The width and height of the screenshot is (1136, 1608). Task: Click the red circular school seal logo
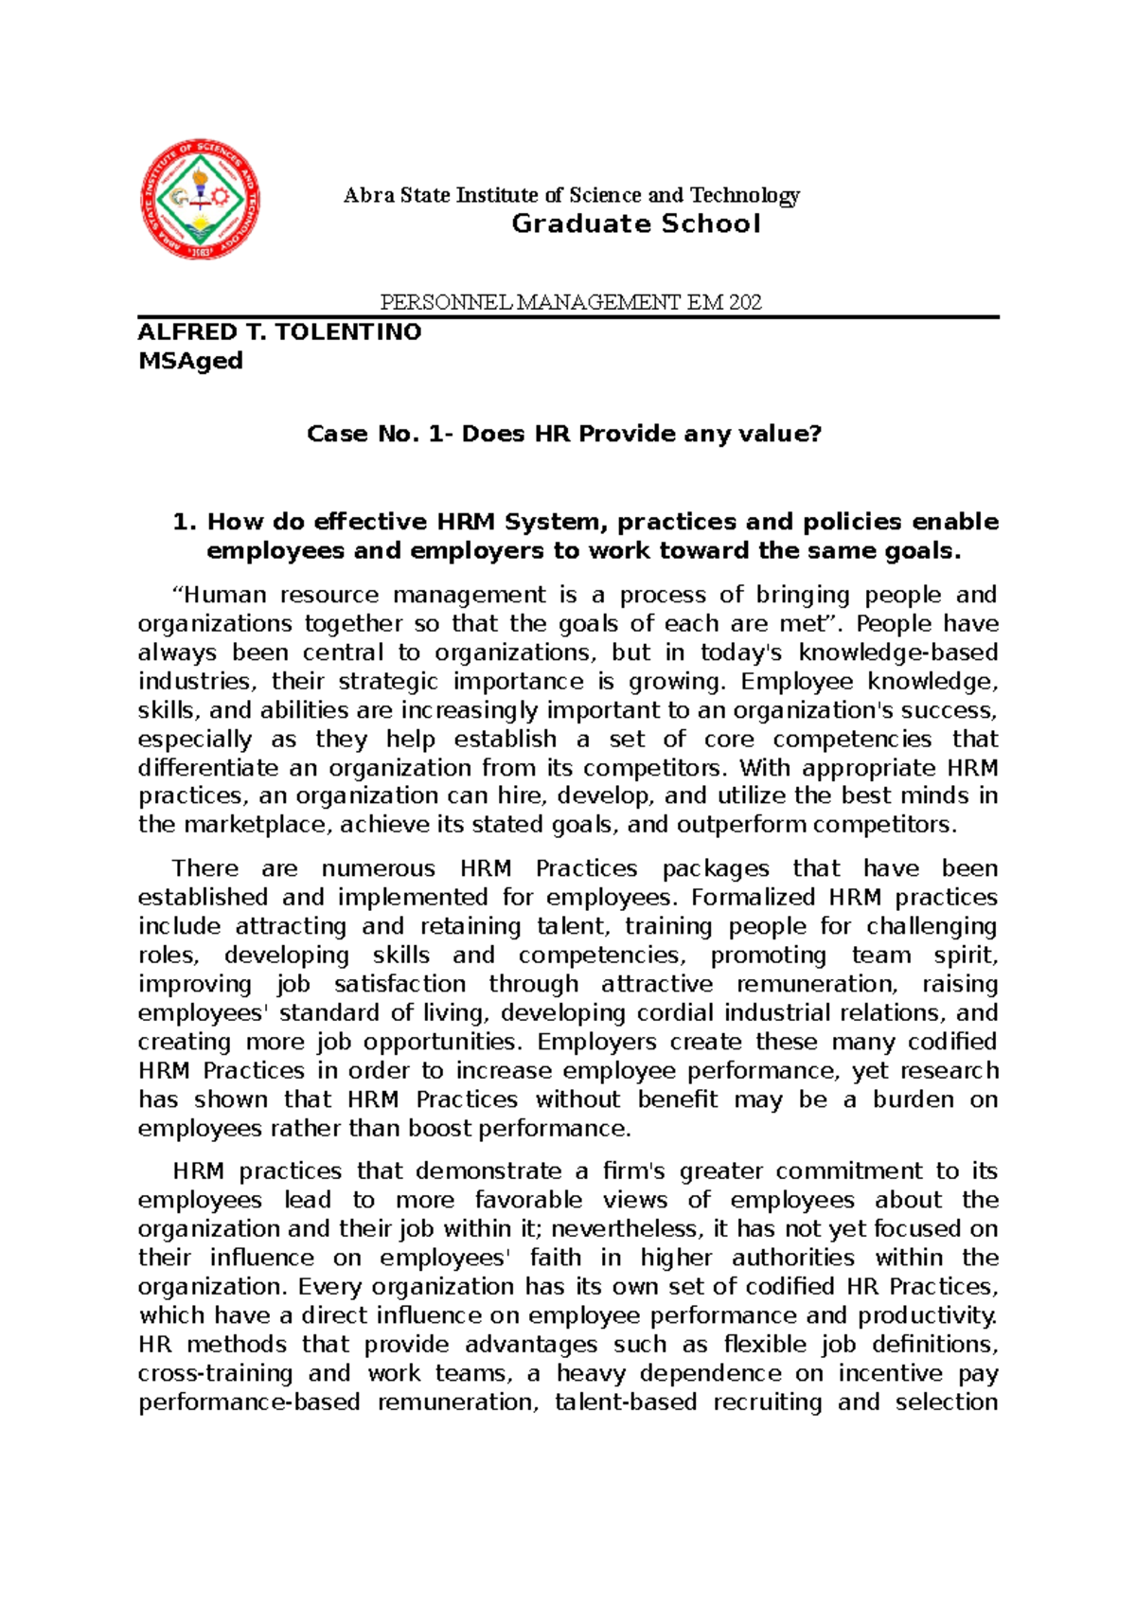[200, 198]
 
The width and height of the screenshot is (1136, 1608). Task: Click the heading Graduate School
[635, 223]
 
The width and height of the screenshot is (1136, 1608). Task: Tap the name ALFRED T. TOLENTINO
[279, 331]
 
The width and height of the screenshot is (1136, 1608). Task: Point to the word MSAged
[190, 361]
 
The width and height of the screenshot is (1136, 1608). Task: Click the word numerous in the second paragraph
[378, 868]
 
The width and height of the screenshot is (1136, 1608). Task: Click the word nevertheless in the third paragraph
[624, 1229]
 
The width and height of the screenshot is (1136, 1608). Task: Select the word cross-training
[215, 1373]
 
